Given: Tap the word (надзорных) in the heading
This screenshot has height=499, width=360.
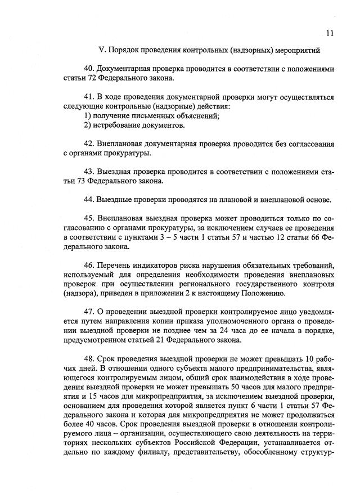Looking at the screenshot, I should coord(254,51).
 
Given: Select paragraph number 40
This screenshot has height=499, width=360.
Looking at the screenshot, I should coord(88,69).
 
